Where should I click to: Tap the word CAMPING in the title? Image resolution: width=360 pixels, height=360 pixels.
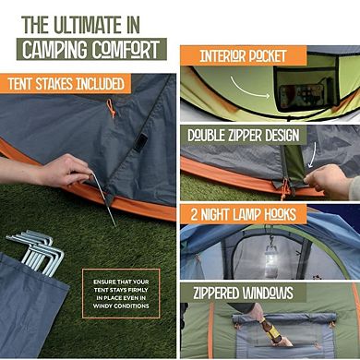coord(57,50)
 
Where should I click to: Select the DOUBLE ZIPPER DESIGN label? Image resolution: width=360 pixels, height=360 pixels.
coord(244,135)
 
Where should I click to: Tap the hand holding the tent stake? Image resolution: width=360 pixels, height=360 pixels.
coord(65,170)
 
